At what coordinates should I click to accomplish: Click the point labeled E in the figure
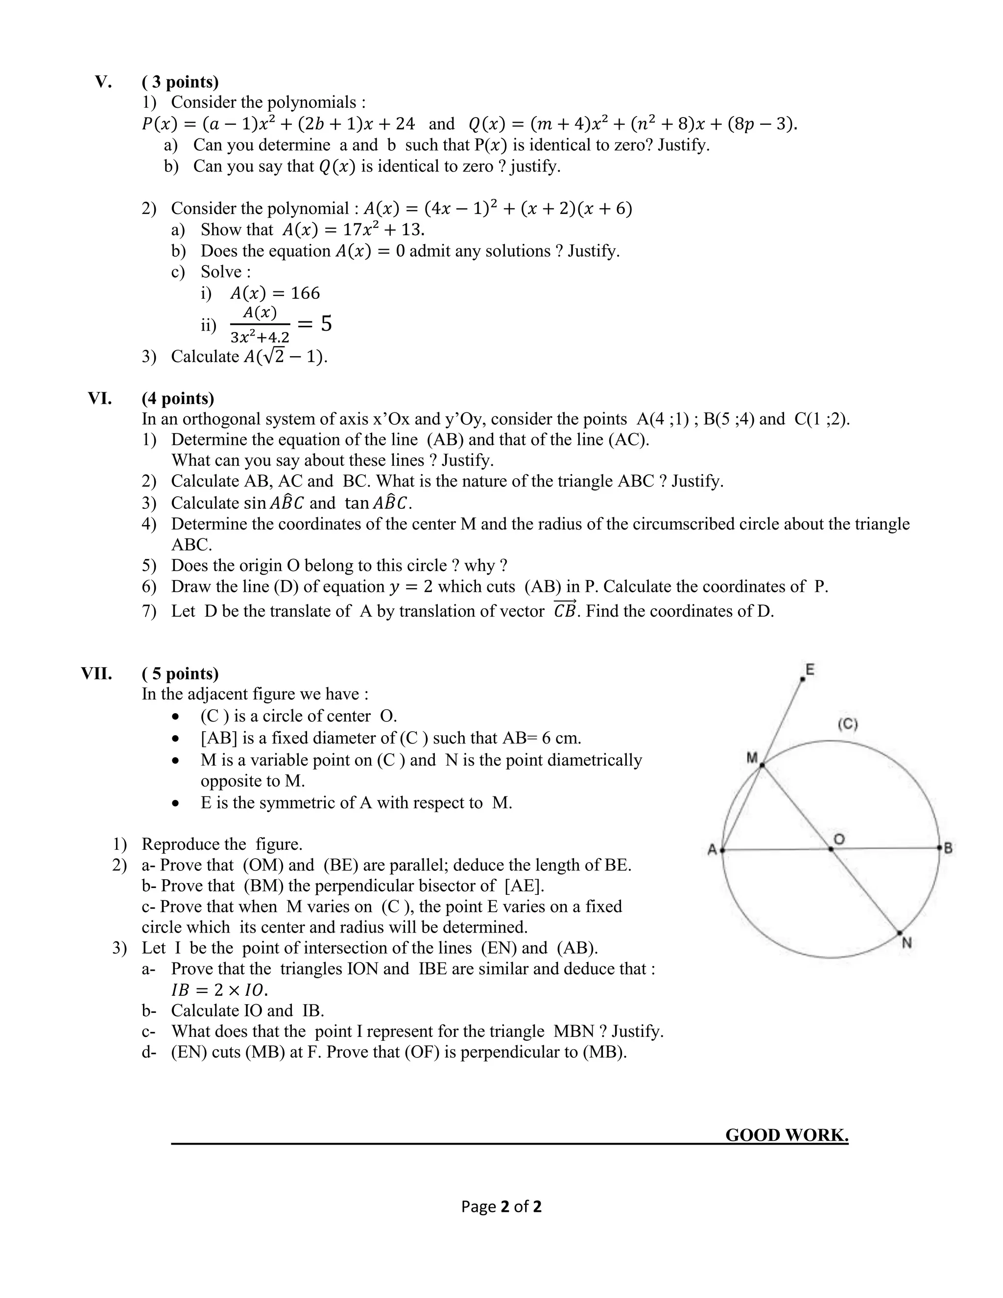[803, 679]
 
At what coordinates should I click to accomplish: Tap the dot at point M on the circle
[762, 766]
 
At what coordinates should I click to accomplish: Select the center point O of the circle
[831, 849]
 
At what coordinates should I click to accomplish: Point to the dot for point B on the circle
[939, 847]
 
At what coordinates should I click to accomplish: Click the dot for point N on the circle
[899, 933]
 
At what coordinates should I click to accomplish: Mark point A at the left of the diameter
[722, 850]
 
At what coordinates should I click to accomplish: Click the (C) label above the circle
[847, 724]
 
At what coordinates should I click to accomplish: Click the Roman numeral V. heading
[103, 81]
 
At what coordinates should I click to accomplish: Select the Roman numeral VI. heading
[100, 398]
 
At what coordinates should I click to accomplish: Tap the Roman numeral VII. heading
[97, 673]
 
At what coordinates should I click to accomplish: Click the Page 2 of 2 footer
[501, 1206]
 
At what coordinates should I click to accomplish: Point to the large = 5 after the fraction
[314, 324]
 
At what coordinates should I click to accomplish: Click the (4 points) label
[178, 398]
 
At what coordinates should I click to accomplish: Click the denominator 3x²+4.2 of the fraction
[260, 337]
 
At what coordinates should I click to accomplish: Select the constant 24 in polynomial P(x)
[405, 123]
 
